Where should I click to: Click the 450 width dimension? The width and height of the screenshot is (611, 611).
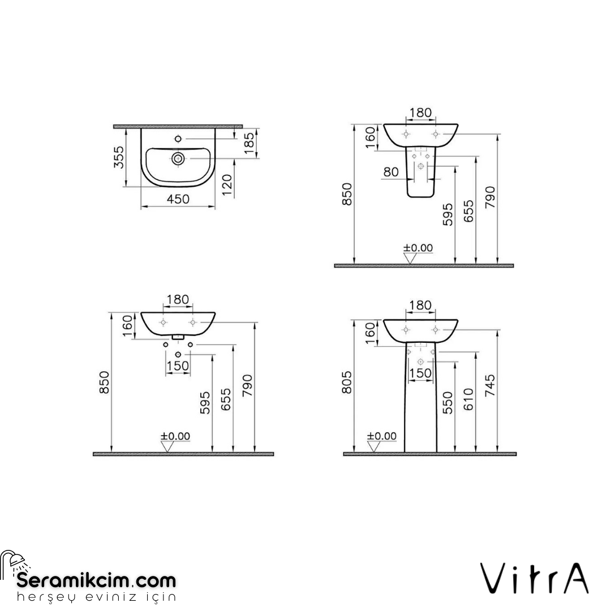pyautogui.click(x=178, y=199)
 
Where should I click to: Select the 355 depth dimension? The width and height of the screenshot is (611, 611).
pyautogui.click(x=118, y=157)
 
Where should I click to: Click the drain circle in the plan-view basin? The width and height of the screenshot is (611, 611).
pyautogui.click(x=178, y=158)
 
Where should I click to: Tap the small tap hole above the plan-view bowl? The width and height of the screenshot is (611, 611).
pyautogui.click(x=178, y=139)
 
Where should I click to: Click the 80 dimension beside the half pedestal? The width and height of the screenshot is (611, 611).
pyautogui.click(x=391, y=172)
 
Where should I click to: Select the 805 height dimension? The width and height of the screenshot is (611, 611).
pyautogui.click(x=348, y=384)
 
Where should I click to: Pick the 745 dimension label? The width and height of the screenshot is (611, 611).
pyautogui.click(x=490, y=385)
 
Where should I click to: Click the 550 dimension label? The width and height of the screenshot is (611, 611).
pyautogui.click(x=448, y=402)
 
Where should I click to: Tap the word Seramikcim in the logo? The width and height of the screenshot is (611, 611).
pyautogui.click(x=74, y=580)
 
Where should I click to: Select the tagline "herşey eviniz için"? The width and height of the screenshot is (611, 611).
pyautogui.click(x=96, y=597)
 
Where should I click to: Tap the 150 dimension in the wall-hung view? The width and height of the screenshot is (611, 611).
pyautogui.click(x=178, y=366)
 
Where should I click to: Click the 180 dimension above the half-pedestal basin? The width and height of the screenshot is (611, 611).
pyautogui.click(x=420, y=112)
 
